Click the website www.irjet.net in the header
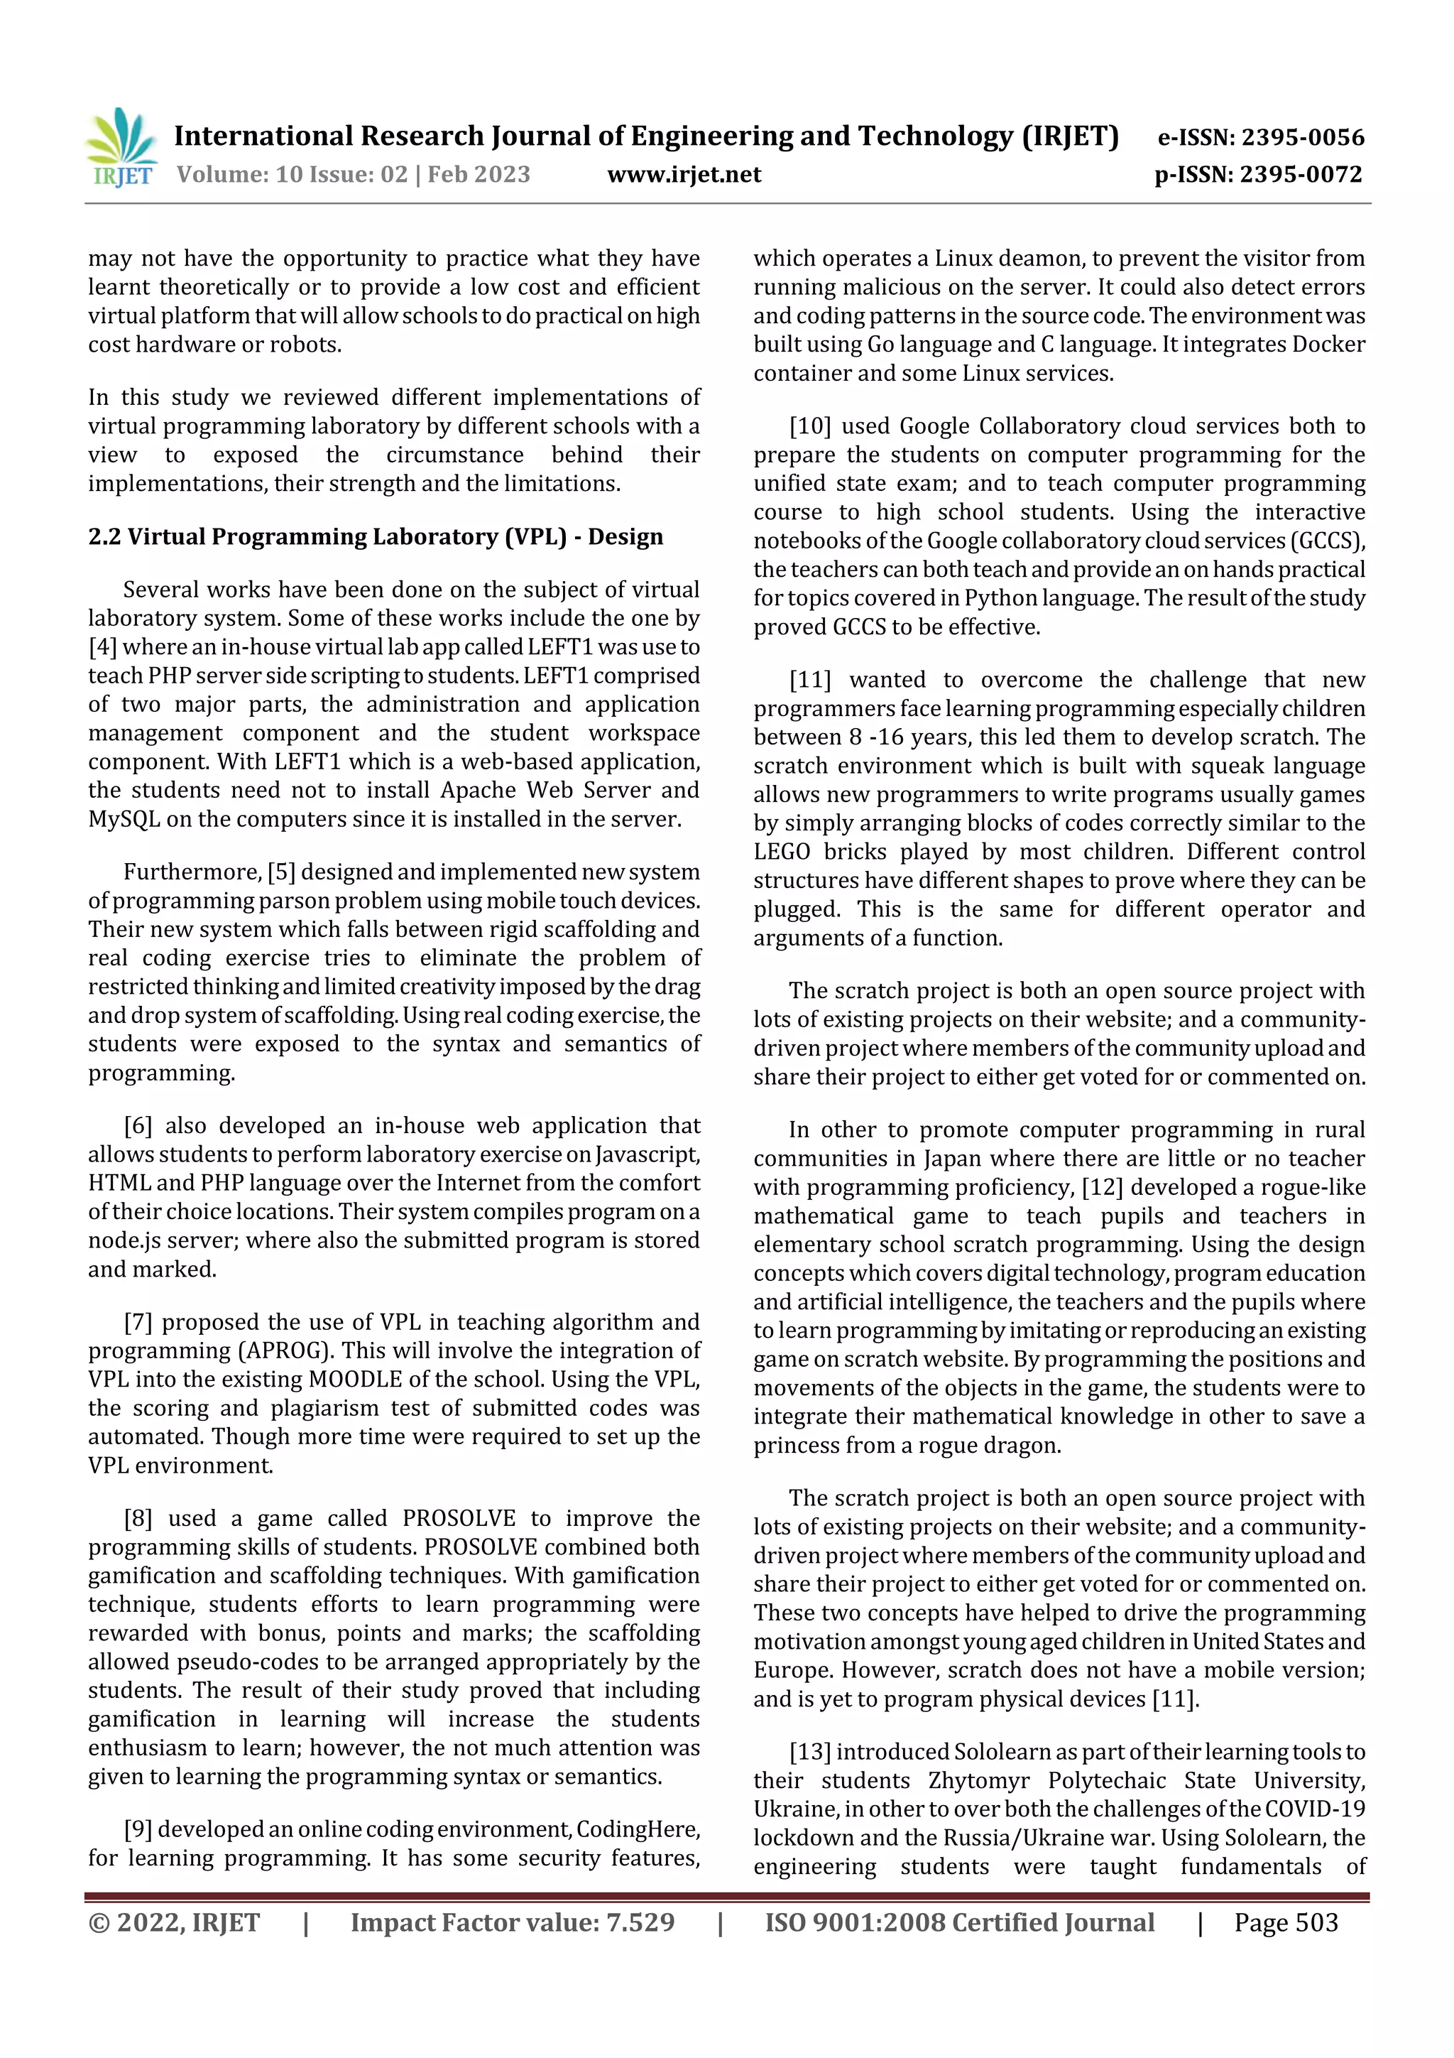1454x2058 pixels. point(684,174)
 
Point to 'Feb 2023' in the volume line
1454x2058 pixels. point(479,174)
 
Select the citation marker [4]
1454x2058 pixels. point(102,647)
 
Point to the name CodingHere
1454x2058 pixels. point(637,1829)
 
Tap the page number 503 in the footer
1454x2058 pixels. point(1317,1922)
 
